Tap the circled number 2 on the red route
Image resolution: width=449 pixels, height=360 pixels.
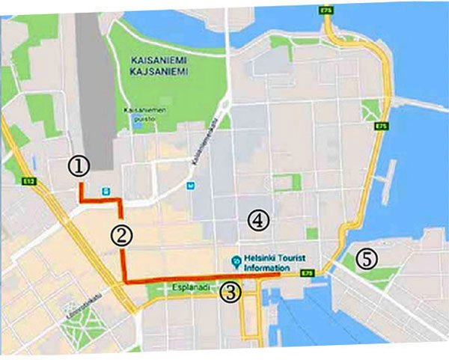122,234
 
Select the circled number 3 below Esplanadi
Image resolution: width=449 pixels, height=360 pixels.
231,292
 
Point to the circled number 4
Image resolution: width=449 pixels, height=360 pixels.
257,220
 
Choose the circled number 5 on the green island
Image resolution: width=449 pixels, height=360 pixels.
366,258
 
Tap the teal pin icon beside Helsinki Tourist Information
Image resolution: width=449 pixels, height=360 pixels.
235,260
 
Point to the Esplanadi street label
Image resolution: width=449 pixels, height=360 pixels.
194,286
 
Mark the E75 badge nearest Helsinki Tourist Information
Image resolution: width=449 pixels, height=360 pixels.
306,274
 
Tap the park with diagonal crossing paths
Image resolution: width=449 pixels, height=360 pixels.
371,112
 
